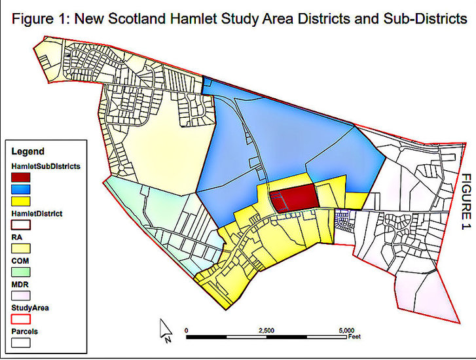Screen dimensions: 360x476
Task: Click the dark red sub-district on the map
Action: pyautogui.click(x=293, y=198)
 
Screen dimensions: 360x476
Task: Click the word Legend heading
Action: pyautogui.click(x=28, y=151)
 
